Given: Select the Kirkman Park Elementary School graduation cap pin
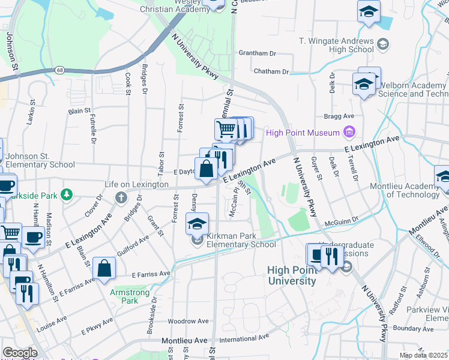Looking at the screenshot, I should tap(197, 224).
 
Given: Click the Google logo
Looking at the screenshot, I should tap(20, 353).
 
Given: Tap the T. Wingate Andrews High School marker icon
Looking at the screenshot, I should tap(382, 44).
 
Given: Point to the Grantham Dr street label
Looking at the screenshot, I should tap(257, 53).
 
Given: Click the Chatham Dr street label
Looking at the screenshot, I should tap(271, 71).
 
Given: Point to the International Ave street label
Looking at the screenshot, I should tap(243, 339).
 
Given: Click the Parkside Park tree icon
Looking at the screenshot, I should tap(67, 194).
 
